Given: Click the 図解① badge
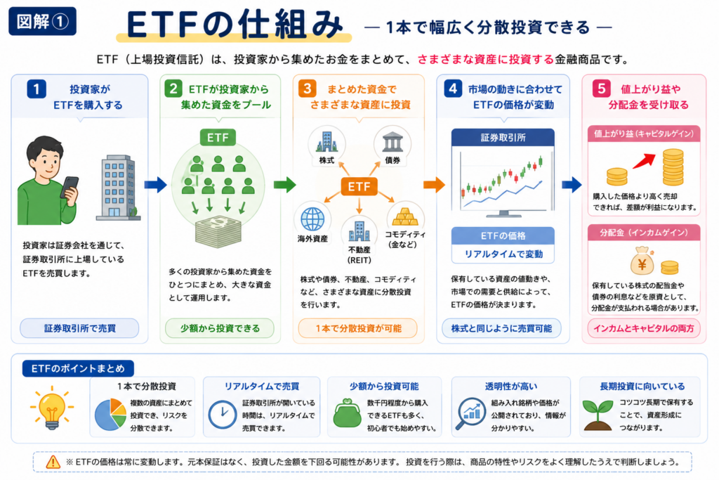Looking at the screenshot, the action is click(42, 21).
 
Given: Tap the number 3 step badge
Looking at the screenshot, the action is click(308, 88).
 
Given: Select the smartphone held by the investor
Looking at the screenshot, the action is click(70, 187).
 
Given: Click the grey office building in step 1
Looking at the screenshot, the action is click(118, 187).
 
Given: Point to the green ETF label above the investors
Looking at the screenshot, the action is click(218, 137).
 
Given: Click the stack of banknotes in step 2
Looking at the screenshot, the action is click(218, 231).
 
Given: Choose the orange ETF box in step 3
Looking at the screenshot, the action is click(359, 186).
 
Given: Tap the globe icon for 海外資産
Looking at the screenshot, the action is click(312, 219).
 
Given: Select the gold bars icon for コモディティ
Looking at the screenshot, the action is click(405, 216).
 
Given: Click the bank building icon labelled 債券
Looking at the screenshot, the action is click(393, 142).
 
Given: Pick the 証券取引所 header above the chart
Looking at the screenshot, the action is click(503, 137).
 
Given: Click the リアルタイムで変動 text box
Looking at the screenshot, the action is click(503, 254).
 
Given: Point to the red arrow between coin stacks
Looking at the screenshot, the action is click(644, 161).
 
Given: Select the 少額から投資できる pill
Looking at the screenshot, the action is click(220, 328).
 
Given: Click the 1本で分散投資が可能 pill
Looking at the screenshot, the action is click(358, 328).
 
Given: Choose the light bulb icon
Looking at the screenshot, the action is click(52, 408).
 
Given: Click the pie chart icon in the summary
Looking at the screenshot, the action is click(110, 415).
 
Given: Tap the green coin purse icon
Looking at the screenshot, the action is click(347, 413).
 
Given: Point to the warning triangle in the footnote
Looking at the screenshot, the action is click(53, 462).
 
